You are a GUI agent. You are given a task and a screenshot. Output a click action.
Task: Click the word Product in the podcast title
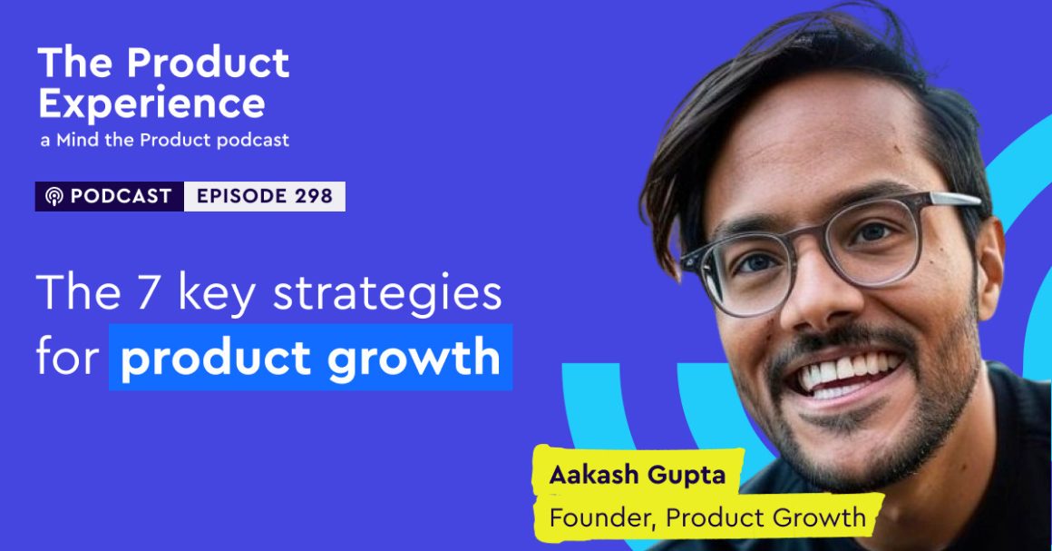(x=208, y=64)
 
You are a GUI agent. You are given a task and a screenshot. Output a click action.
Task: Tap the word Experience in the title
(x=151, y=104)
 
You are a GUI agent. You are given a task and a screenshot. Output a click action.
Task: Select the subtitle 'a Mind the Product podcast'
(x=164, y=140)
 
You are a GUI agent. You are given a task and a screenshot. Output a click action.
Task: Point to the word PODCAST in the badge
(x=121, y=197)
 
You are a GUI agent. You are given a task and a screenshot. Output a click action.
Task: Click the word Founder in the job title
(x=603, y=517)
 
